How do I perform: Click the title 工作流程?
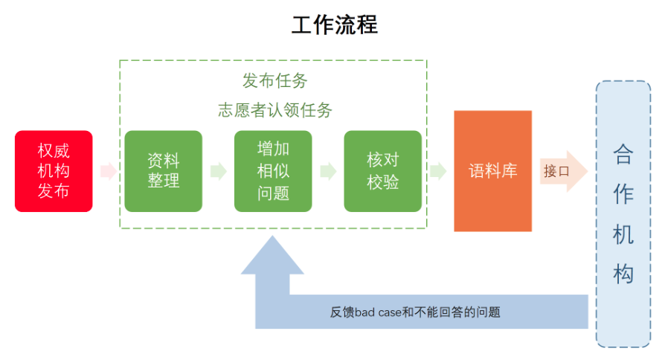(334, 25)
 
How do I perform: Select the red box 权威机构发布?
(54, 171)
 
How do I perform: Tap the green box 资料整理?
(164, 171)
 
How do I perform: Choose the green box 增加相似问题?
(273, 171)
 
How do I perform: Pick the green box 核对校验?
(382, 171)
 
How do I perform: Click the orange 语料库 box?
(493, 171)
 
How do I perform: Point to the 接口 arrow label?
(556, 171)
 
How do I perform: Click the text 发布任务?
(274, 80)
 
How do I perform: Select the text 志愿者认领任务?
(274, 110)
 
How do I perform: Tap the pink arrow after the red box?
(109, 171)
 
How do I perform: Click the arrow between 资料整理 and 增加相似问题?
(219, 171)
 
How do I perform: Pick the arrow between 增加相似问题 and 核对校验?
(328, 171)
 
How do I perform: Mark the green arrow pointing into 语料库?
(438, 171)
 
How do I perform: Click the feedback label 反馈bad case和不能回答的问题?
(415, 312)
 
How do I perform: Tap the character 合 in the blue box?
(623, 155)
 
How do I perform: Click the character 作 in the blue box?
(623, 195)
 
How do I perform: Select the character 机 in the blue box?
(623, 234)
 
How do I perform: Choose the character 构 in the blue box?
(623, 274)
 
